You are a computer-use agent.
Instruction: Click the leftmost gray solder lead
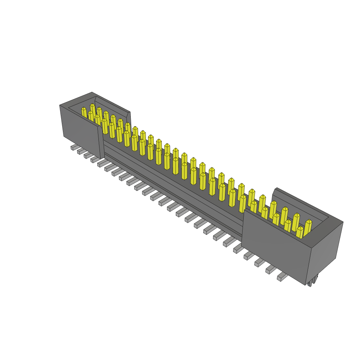74,147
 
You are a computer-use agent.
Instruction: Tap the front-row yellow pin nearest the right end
300,232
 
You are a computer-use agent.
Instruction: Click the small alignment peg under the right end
310,283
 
